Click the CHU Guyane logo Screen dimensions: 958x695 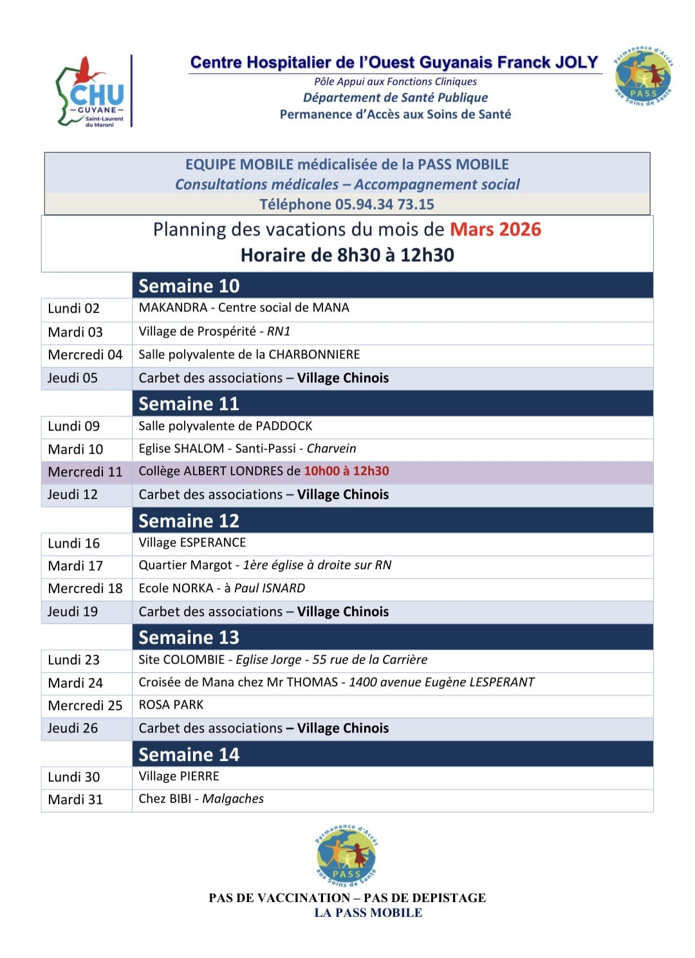click(x=92, y=92)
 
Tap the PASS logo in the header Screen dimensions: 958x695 click(x=643, y=76)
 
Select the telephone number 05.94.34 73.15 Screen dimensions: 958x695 click(x=384, y=205)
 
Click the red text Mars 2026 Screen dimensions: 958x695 click(x=495, y=230)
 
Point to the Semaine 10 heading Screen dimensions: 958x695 click(x=189, y=286)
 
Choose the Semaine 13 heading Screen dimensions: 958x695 click(x=189, y=637)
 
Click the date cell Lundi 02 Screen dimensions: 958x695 click(x=73, y=308)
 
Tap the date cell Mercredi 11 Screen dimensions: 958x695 click(x=85, y=472)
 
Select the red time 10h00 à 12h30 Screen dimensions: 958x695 click(x=346, y=471)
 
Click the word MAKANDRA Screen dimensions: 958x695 click(x=172, y=308)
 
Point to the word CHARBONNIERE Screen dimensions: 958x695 click(x=314, y=355)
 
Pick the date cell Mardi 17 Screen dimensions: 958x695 click(x=75, y=566)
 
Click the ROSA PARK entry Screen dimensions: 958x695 click(x=171, y=705)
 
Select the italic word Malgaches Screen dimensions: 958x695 click(x=233, y=799)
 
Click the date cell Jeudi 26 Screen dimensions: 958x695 click(x=73, y=728)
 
